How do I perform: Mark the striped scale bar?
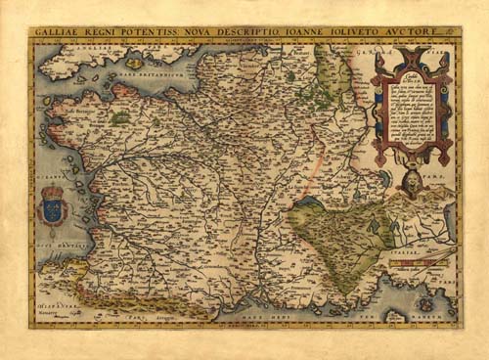[422, 262]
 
